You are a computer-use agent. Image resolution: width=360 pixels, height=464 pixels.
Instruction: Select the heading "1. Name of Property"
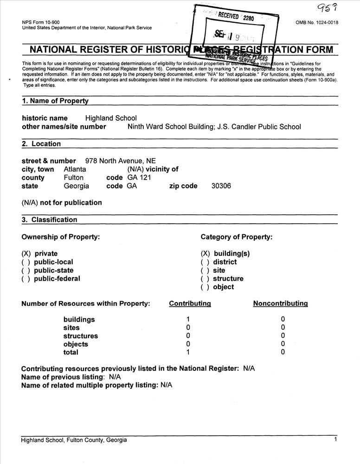55,101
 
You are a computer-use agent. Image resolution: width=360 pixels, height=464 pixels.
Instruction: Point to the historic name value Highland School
111,118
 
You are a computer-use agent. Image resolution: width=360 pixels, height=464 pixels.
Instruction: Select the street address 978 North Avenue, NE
121,161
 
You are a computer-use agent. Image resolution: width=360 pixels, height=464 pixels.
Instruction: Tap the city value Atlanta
75,169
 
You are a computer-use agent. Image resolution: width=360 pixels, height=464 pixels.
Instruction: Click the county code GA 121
139,178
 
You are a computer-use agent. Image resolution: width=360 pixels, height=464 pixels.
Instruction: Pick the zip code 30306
221,186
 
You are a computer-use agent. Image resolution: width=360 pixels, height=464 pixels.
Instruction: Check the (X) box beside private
26,254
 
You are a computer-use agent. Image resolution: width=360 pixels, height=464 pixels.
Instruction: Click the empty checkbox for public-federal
26,279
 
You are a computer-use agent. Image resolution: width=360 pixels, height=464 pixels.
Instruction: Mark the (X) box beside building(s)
205,254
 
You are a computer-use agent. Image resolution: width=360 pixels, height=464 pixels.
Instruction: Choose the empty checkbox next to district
205,262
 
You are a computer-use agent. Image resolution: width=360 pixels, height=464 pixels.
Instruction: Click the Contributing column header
190,303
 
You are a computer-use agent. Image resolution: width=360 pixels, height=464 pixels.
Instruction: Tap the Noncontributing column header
280,303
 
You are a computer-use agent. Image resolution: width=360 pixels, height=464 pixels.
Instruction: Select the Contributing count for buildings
188,319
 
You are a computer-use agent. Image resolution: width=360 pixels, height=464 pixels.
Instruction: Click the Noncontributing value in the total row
283,353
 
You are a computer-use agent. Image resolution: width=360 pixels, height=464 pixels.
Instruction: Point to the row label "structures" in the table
81,336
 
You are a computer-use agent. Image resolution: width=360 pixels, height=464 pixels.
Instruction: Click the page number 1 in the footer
335,439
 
